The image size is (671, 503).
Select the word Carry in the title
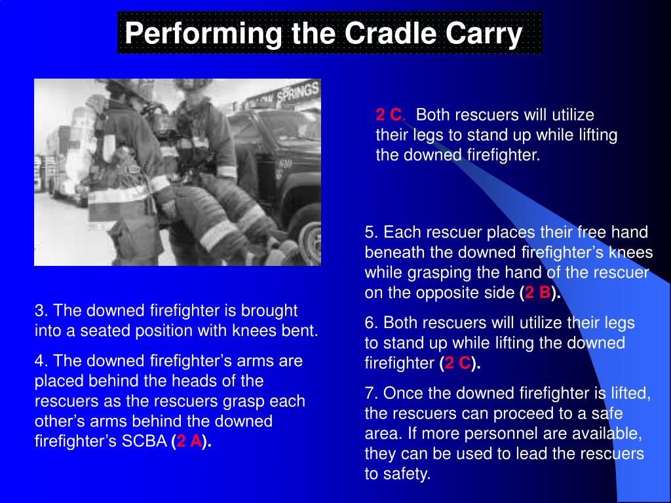[486, 33]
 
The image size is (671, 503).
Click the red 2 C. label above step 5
[391, 115]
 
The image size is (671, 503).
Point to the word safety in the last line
[409, 475]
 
